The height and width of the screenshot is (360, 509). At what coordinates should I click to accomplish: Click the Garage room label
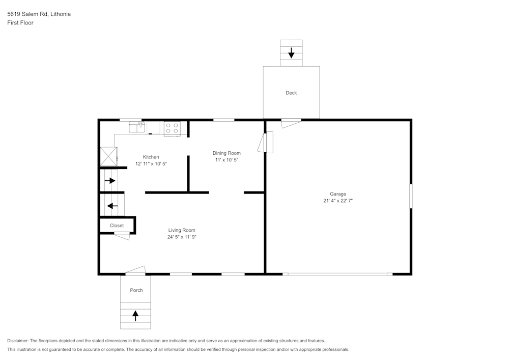coord(338,194)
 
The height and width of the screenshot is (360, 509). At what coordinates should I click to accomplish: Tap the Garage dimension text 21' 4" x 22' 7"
coord(338,201)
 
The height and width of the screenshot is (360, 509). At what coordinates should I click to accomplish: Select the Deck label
coord(291,93)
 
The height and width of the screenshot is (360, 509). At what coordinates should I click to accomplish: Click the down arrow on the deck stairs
coord(291,52)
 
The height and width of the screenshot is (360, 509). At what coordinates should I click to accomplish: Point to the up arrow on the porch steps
coord(135,315)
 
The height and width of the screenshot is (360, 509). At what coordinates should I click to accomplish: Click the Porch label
coord(136,290)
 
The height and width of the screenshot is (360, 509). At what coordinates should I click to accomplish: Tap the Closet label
coord(117,225)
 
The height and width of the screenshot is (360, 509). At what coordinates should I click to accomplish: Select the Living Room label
coord(182,230)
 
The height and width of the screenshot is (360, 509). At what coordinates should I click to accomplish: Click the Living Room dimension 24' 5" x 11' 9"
coord(182,237)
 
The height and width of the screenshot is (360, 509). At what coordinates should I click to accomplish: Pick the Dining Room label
coord(227,153)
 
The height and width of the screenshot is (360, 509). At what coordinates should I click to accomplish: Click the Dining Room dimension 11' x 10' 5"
coord(227,159)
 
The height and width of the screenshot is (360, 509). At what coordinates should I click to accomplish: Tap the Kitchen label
coord(151,157)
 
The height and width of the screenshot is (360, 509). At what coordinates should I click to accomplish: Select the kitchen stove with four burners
coord(172,128)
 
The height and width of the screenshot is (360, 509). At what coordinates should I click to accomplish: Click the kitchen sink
coord(137,126)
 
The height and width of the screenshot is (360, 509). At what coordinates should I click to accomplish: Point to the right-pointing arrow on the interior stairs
coord(110,180)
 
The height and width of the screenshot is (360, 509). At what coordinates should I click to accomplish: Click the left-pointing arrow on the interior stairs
coord(112,206)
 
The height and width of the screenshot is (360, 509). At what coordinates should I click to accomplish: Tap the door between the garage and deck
coord(291,122)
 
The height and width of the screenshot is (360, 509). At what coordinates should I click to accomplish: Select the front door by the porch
coord(135,270)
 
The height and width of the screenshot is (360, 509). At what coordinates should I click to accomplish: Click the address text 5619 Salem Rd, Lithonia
coord(39,14)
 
